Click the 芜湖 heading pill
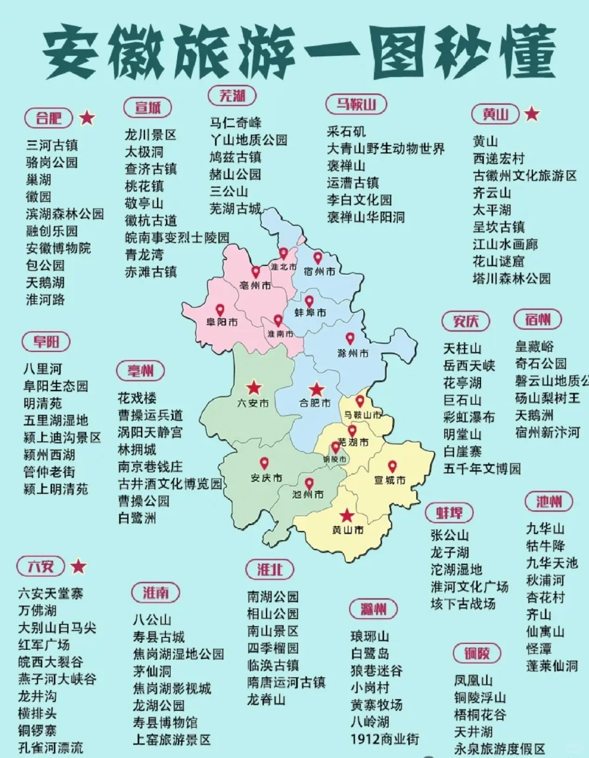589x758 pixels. [232, 96]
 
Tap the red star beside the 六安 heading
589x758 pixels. [79, 566]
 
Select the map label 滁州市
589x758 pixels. [353, 353]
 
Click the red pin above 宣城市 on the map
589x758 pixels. [392, 467]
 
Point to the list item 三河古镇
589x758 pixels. [52, 145]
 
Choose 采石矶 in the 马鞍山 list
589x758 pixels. [346, 132]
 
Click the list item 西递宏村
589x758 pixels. [498, 158]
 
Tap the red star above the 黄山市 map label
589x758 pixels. [346, 515]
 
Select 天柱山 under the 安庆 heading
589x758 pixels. [462, 348]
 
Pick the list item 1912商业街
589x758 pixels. [385, 739]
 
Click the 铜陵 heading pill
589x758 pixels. [477, 653]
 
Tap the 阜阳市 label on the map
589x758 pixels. [221, 322]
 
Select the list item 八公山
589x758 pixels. [152, 620]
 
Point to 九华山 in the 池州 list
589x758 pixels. [545, 528]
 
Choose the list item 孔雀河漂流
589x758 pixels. [51, 747]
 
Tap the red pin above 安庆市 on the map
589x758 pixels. [264, 463]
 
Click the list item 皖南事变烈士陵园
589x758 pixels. [177, 237]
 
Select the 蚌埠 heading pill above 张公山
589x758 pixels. [449, 512]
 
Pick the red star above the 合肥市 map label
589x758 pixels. [316, 389]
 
